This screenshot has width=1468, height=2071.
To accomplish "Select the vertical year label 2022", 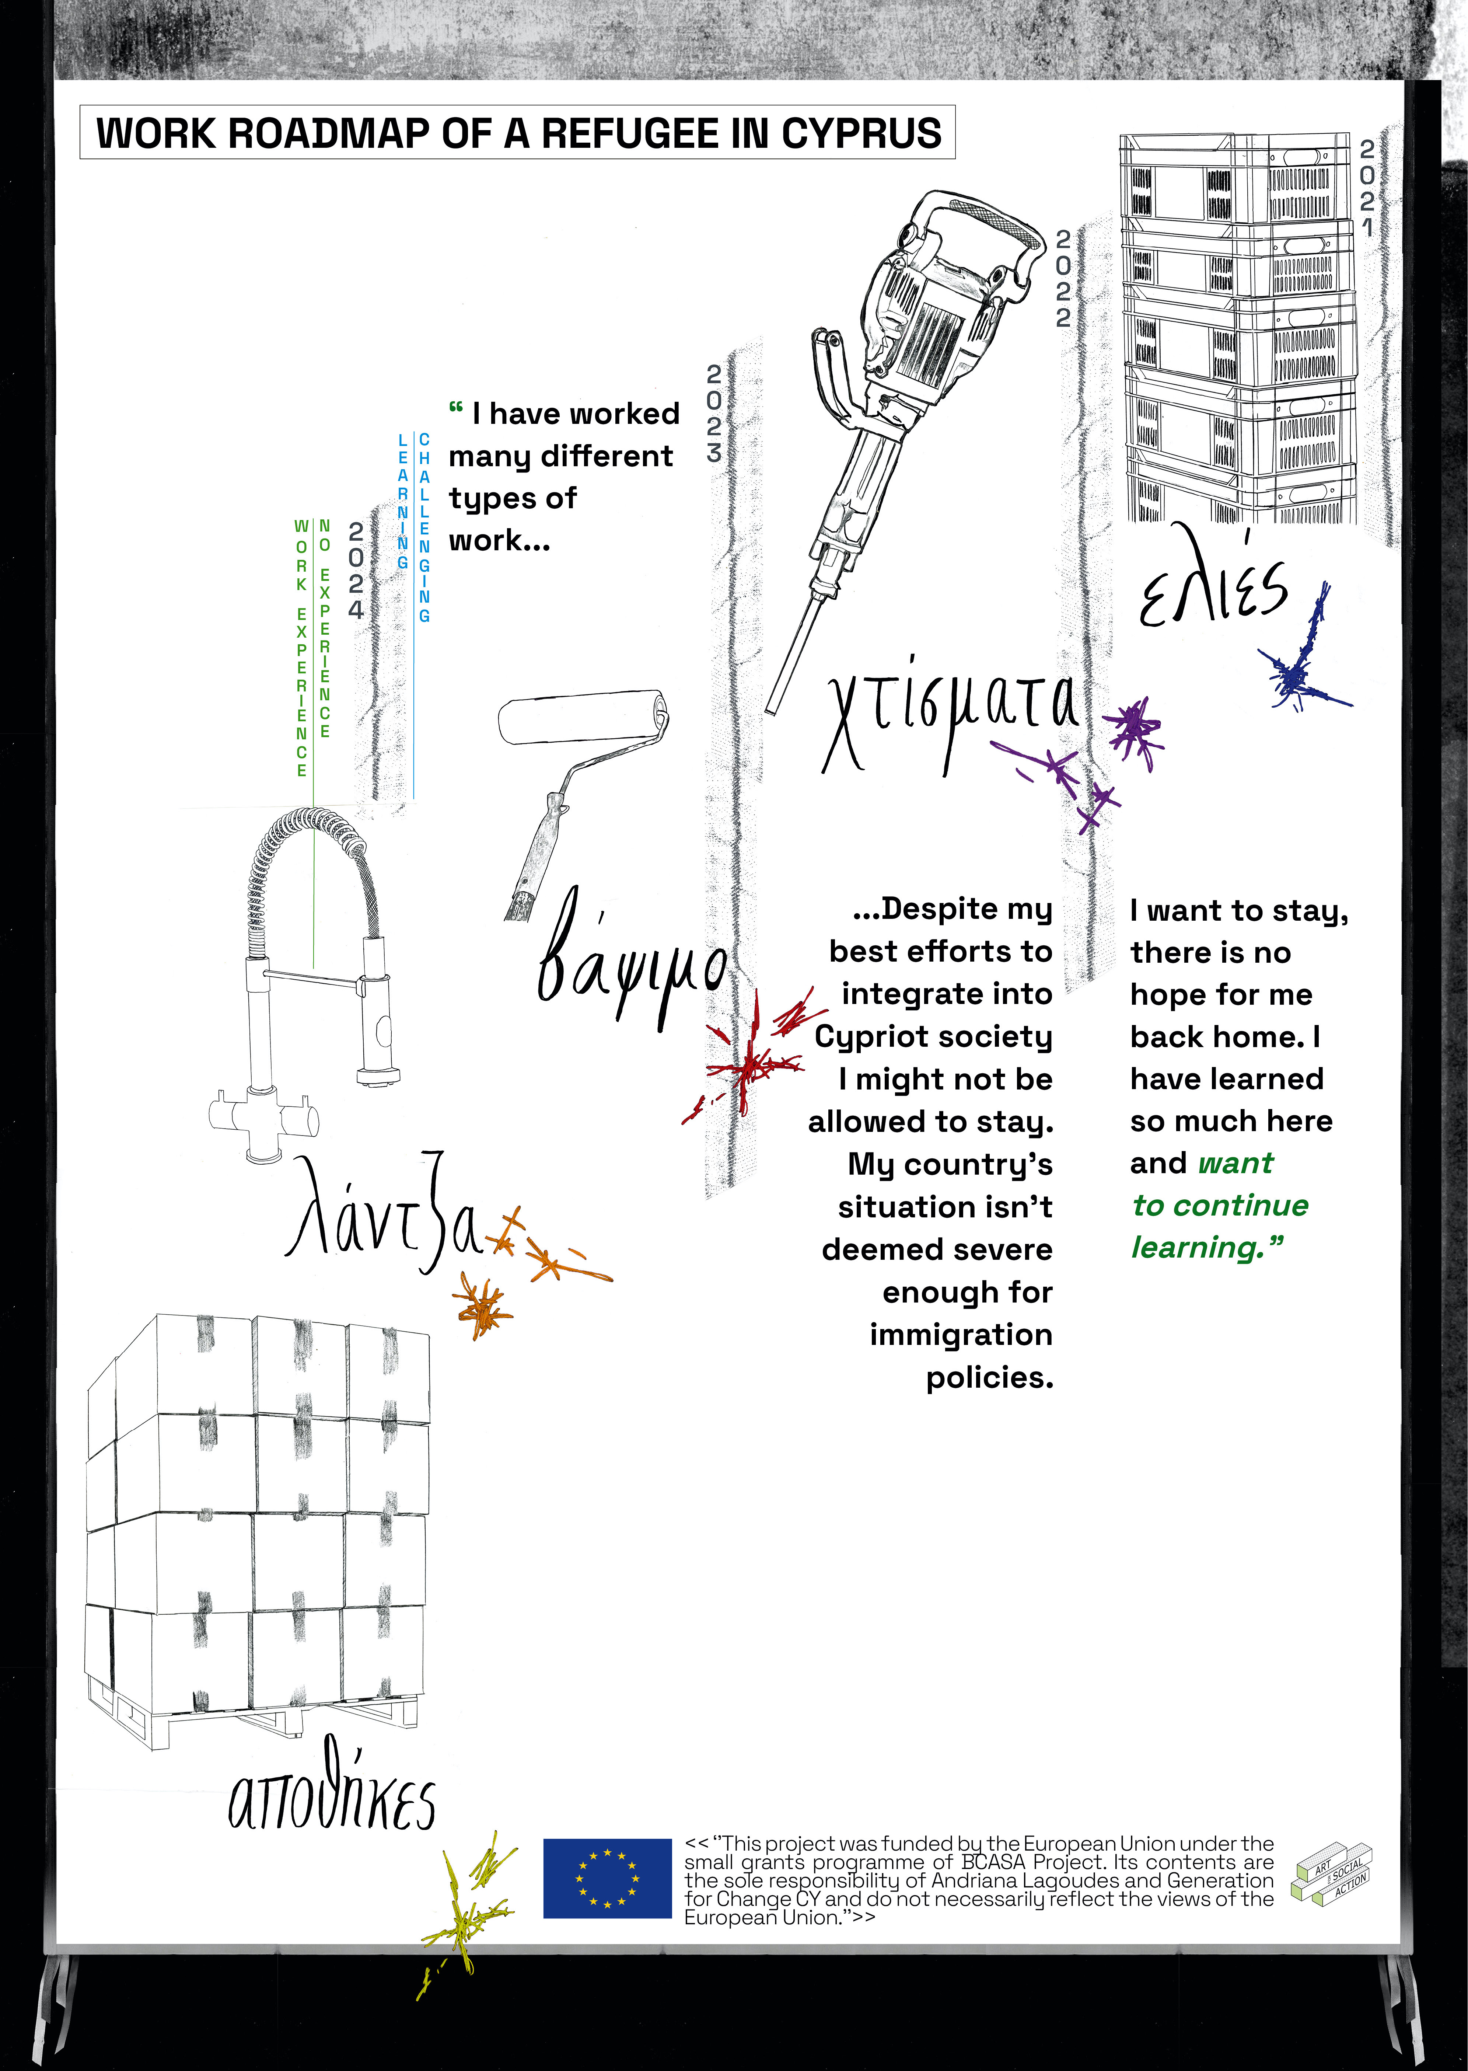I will point(1063,278).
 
